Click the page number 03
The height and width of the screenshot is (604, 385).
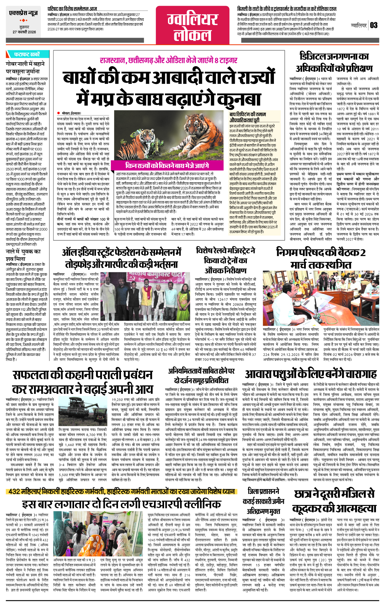coord(374,25)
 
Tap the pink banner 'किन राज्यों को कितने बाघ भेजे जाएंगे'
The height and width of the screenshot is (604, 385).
coord(167,165)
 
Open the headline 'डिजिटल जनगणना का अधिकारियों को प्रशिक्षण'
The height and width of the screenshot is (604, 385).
coord(334,62)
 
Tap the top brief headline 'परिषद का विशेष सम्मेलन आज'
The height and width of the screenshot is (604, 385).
coord(72,9)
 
